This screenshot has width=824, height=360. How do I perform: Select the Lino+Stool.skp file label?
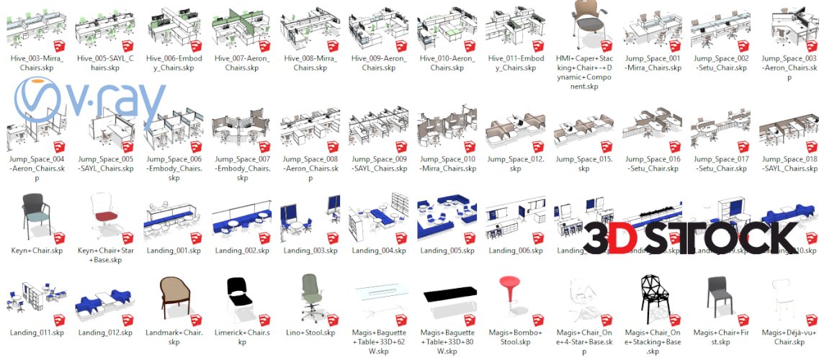point(309,333)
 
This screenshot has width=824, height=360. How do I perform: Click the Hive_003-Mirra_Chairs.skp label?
point(37,63)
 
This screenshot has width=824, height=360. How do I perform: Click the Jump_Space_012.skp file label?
point(515,163)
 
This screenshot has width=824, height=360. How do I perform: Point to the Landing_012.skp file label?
point(105,333)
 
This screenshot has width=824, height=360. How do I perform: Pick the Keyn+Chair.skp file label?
point(37,251)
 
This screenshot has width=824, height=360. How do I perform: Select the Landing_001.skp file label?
point(173,251)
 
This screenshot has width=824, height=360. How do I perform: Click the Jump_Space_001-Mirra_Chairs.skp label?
point(653,63)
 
